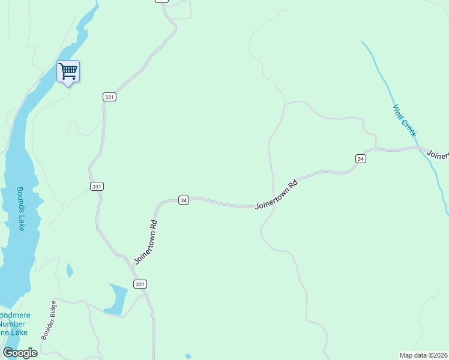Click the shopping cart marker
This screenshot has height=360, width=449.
point(68,71)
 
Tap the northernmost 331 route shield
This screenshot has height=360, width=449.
point(109,97)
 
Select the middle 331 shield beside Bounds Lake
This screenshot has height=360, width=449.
point(97,187)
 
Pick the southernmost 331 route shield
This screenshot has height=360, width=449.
point(140,284)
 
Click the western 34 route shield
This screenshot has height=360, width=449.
point(184,200)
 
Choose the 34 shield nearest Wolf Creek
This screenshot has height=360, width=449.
point(360,158)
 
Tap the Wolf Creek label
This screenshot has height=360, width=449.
point(404,121)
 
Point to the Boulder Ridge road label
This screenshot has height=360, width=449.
point(48,320)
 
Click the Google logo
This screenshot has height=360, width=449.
point(20,352)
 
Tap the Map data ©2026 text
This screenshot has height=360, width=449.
point(423,355)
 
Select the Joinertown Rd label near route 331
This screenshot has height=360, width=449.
point(146,242)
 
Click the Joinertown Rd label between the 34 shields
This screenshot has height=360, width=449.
point(276,194)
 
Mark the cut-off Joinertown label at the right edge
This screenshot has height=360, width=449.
point(438,154)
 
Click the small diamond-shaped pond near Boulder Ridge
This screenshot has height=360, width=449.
point(70,270)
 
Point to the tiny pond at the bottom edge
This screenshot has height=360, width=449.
point(188,356)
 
